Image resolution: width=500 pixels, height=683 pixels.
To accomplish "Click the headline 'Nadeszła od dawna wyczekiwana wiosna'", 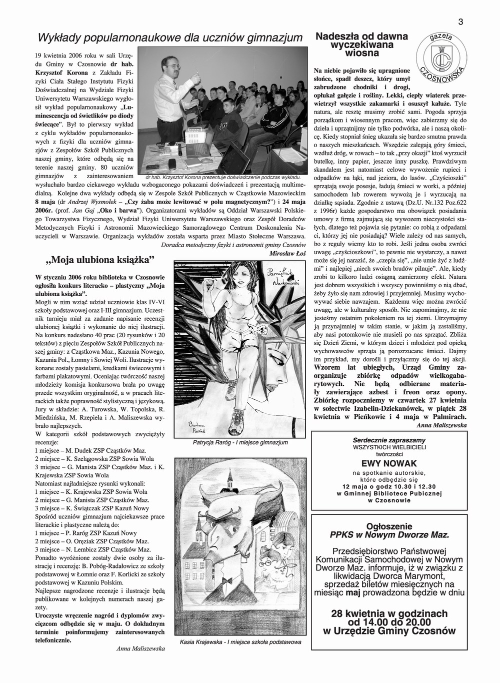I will pyautogui.click(x=362, y=45).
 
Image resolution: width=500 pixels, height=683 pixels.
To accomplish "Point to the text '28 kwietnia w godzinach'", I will pyautogui.click(x=389, y=613).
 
